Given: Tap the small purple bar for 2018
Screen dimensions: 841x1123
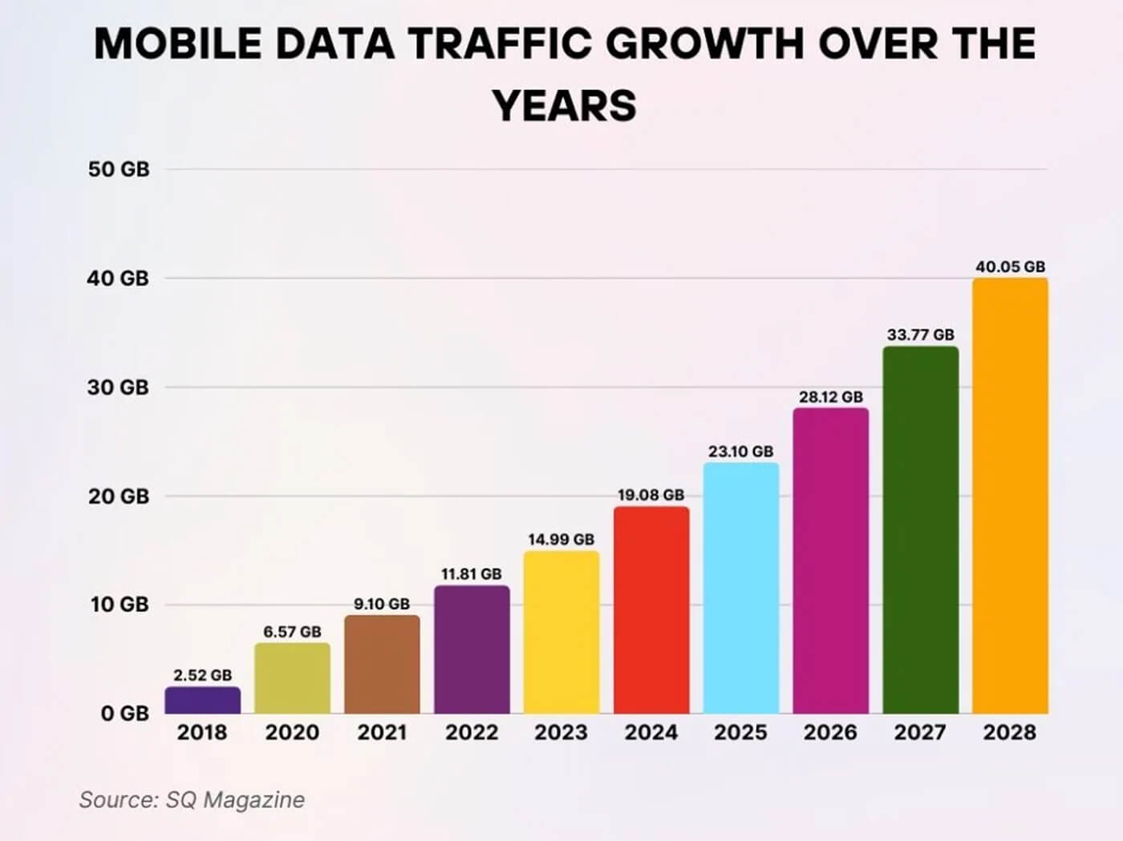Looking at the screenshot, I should [x=203, y=700].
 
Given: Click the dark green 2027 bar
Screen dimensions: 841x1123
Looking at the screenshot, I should [x=920, y=530].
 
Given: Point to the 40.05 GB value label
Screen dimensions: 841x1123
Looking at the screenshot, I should [x=1010, y=266].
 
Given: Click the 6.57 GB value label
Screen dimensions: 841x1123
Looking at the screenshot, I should [x=292, y=632].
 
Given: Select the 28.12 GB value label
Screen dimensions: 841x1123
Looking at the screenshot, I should [x=830, y=397].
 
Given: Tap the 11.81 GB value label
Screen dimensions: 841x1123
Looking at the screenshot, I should [x=472, y=574].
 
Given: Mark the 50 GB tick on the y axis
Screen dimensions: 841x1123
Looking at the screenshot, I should [x=119, y=170].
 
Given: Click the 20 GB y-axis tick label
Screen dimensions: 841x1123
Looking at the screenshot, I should [x=119, y=496].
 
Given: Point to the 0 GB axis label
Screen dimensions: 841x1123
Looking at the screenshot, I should [x=124, y=714].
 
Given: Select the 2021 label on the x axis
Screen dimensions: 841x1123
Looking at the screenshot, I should [x=382, y=732].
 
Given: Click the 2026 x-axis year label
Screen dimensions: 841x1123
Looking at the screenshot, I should [x=830, y=732].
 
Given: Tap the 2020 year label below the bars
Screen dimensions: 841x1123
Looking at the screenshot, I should [x=292, y=732].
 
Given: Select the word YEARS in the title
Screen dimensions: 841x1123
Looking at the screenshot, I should [x=565, y=106].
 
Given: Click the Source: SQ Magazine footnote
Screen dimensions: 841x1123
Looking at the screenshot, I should [x=192, y=799].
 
